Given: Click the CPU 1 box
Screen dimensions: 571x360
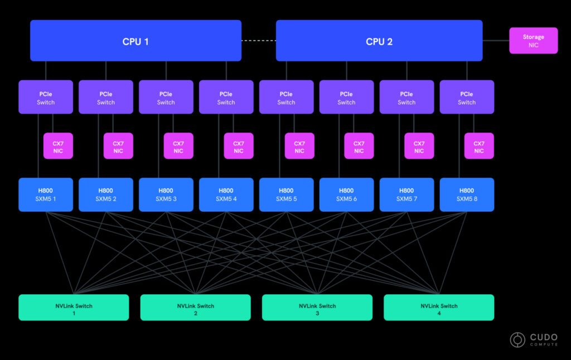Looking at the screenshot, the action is coord(136,41).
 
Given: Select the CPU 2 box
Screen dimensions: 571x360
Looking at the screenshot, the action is coord(379,41).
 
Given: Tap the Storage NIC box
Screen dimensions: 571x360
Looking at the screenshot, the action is coord(533,41).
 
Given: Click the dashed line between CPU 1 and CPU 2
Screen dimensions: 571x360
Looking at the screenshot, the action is coord(259,41).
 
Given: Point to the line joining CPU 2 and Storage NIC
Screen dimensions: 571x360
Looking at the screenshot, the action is coord(496,41).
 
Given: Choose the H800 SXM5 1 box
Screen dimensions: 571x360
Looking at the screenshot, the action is coord(46,194).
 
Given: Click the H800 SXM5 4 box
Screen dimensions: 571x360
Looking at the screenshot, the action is coord(226,194).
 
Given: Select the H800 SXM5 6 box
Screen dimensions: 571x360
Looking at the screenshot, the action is coord(346,194).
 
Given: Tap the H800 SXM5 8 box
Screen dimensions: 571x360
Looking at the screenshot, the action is coord(467,194).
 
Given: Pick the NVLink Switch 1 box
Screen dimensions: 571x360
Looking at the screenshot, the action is coord(74,307).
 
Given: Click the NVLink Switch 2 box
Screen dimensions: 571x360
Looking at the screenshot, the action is coord(196,307).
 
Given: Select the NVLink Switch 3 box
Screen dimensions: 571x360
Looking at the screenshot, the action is coord(317,307).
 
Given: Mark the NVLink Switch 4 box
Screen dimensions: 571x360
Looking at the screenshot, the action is coord(439,307).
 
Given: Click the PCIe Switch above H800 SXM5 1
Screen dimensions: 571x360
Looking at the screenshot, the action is coord(46,97).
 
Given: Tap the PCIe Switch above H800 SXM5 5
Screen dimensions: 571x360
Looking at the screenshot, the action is coord(286,97).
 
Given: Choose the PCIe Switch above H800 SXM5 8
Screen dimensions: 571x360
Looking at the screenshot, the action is coord(467,97).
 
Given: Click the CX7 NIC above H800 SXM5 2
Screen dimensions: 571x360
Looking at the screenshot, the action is coord(118,146).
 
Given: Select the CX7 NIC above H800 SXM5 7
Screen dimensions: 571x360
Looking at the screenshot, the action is coord(419,146).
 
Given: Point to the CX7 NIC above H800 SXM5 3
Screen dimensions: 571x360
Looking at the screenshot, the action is coord(178,146).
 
